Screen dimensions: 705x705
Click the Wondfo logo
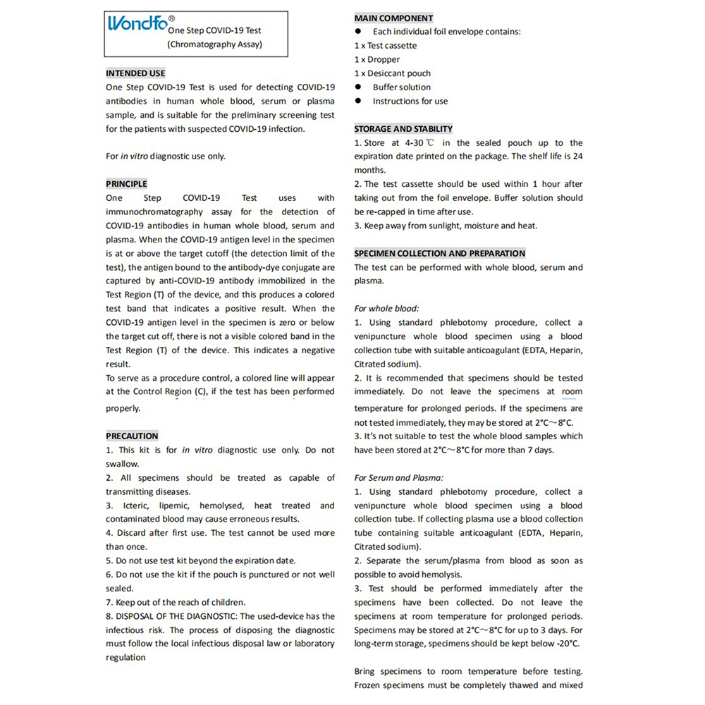pyautogui.click(x=138, y=23)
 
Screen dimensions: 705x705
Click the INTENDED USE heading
pyautogui.click(x=135, y=73)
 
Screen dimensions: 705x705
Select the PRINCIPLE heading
pyautogui.click(x=127, y=184)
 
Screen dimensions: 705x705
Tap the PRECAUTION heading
pyautogui.click(x=132, y=436)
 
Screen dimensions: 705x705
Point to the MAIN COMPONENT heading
pyautogui.click(x=393, y=18)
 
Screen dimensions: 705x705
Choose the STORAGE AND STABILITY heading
pyautogui.click(x=403, y=129)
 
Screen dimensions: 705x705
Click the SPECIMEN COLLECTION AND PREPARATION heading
pyautogui.click(x=439, y=253)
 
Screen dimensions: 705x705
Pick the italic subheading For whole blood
pyautogui.click(x=386, y=308)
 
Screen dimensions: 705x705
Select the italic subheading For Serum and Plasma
pyautogui.click(x=398, y=477)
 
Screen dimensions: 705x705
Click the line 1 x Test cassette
pyautogui.click(x=386, y=46)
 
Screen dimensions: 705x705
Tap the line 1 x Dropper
pyautogui.click(x=377, y=60)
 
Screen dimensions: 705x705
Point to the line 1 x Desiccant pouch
pyautogui.click(x=393, y=73)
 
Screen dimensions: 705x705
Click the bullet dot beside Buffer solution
pyautogui.click(x=358, y=87)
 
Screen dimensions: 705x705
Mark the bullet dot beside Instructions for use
pyautogui.click(x=358, y=101)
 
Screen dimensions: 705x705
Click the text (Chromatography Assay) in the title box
pyautogui.click(x=214, y=44)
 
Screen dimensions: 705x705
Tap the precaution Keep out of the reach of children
pyautogui.click(x=176, y=602)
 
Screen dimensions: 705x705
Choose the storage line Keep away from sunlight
pyautogui.click(x=446, y=226)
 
